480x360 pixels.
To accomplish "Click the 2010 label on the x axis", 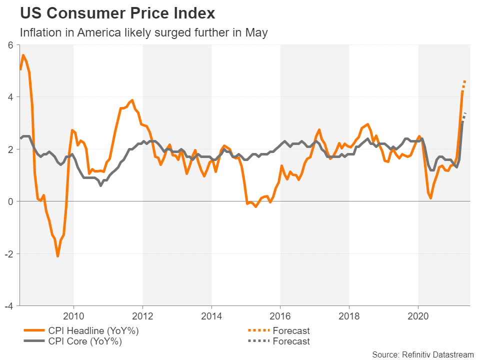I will click(x=73, y=316).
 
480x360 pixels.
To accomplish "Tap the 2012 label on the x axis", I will click(x=142, y=316).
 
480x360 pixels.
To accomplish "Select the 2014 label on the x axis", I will click(x=211, y=316).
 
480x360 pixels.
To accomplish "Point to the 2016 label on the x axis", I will click(x=280, y=316).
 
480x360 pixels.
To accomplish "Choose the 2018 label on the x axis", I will click(x=349, y=316).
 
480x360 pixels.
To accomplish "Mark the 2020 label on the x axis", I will click(x=418, y=316).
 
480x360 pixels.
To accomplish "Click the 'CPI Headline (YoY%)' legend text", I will click(x=93, y=330).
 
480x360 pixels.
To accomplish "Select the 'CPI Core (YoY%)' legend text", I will click(x=85, y=341).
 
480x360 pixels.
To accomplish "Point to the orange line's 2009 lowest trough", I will click(x=58, y=256).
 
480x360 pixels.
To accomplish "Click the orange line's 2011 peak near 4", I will click(x=132, y=100).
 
